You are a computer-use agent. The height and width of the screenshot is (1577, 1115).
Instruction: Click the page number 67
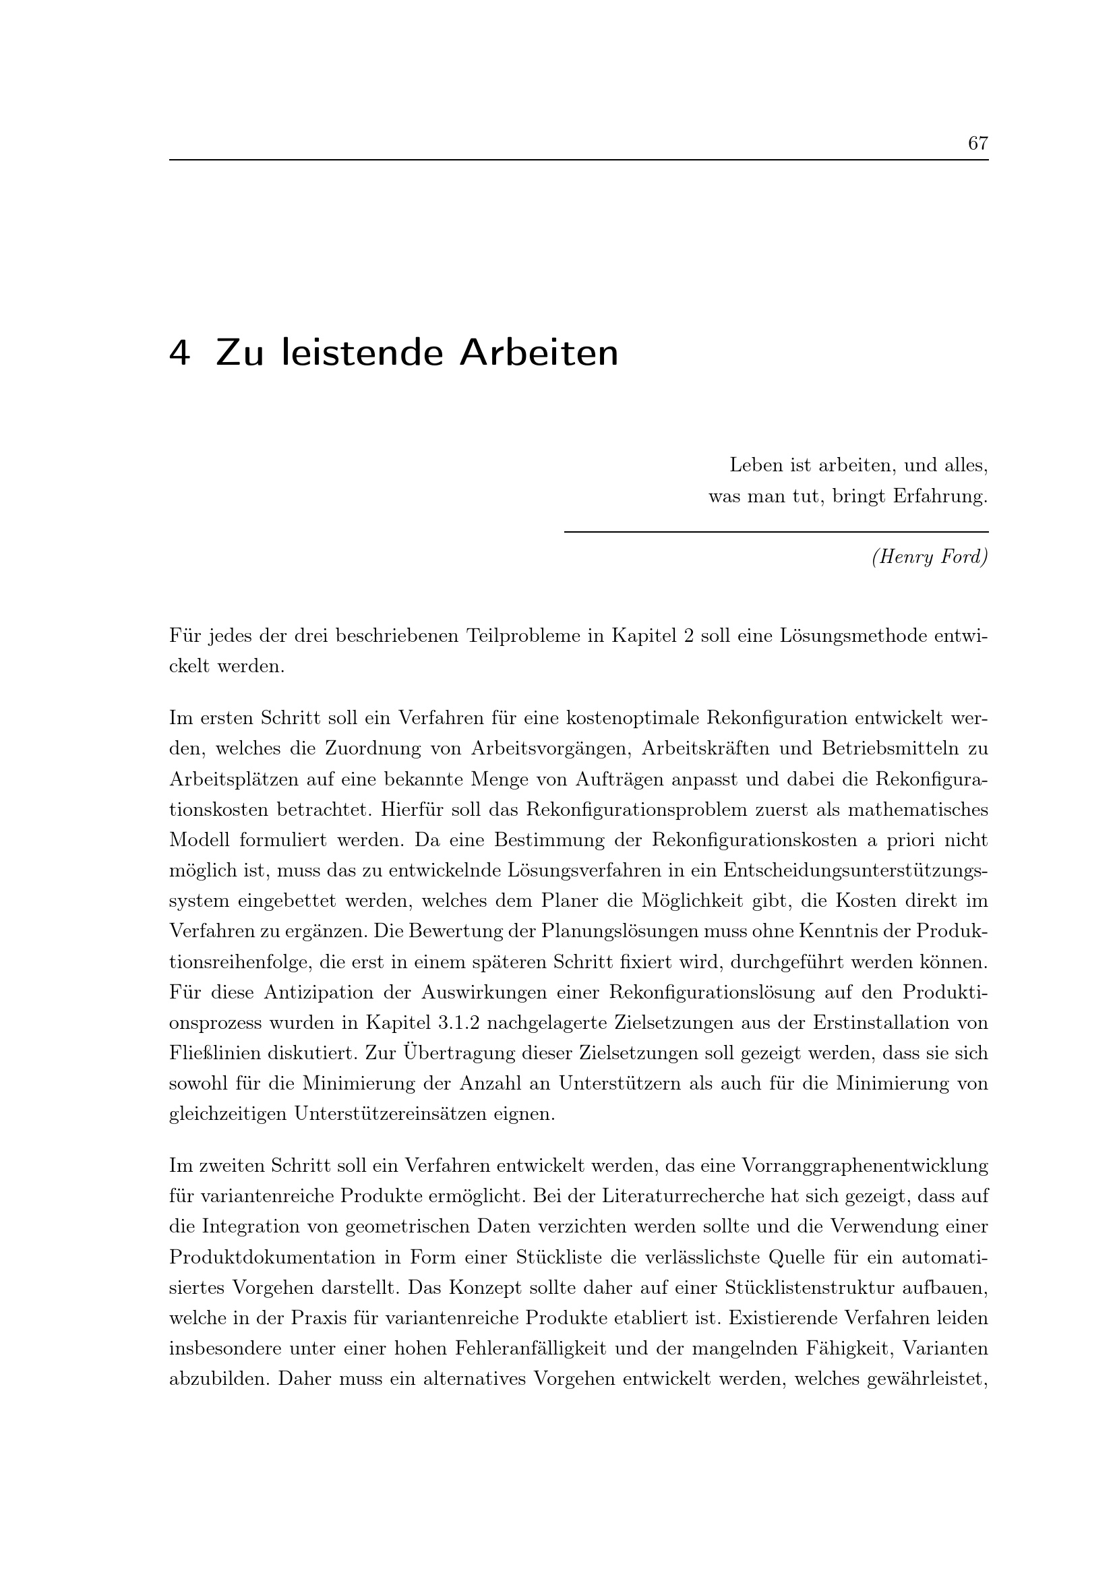pyautogui.click(x=977, y=143)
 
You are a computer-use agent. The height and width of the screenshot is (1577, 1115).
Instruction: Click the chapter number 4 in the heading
pyautogui.click(x=179, y=353)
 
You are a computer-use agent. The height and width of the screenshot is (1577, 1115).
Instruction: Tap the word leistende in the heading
pyautogui.click(x=362, y=353)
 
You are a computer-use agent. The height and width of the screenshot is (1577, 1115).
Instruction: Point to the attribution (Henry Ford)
pyautogui.click(x=930, y=557)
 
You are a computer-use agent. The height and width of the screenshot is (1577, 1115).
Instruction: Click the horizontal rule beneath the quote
pyautogui.click(x=776, y=531)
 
